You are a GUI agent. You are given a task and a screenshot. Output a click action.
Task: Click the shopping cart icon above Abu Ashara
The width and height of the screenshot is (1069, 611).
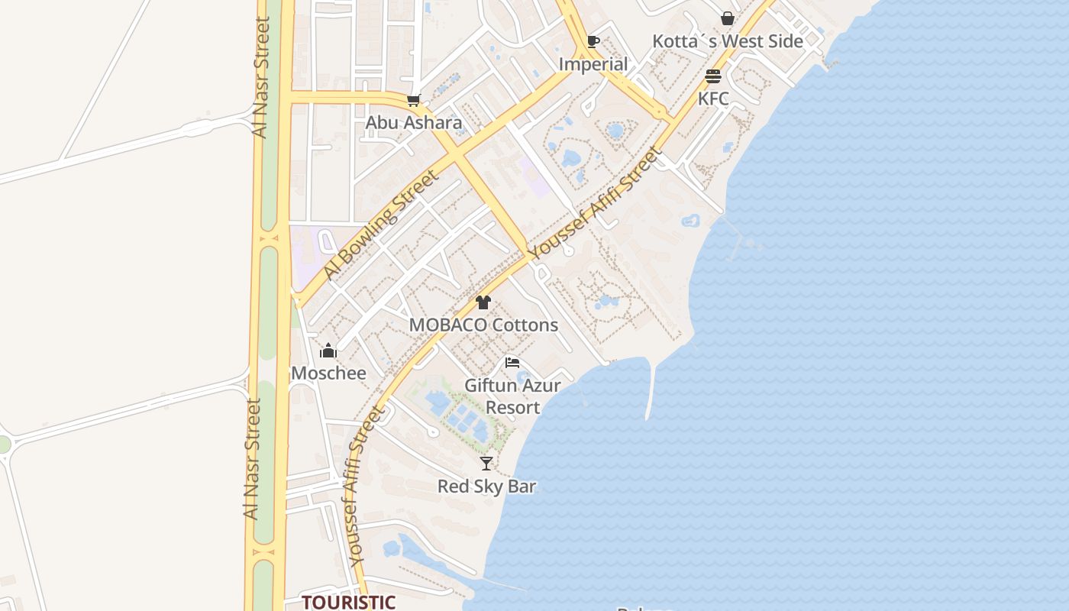pos(414,100)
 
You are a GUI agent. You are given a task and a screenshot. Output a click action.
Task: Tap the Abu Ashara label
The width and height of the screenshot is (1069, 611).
pos(414,122)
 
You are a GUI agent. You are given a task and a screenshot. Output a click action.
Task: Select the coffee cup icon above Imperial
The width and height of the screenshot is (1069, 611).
pos(593,41)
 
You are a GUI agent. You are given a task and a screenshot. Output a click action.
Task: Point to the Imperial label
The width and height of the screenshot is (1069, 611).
pos(593,64)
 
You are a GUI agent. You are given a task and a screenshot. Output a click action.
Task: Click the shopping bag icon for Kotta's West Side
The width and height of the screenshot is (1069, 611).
pos(728,18)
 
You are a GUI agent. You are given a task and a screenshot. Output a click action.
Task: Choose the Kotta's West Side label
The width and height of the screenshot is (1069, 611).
pos(728,41)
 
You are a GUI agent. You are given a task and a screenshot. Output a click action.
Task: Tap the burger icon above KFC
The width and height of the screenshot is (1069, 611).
pos(713,76)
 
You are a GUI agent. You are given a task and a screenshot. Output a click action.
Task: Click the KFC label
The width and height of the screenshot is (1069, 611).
pos(713,99)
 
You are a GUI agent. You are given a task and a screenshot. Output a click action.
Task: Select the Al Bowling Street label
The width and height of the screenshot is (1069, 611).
pos(380,225)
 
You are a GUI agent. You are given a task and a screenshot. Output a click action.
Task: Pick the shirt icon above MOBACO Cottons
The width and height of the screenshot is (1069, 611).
pos(483,302)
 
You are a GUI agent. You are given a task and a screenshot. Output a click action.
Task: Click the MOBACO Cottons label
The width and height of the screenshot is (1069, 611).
pos(483,325)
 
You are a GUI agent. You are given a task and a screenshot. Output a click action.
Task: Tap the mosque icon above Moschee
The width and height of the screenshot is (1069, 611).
pos(328,351)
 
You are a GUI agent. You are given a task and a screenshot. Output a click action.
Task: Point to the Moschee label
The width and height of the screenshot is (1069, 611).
pos(328,373)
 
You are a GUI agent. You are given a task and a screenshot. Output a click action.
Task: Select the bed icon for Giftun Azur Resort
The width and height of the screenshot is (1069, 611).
pos(512,362)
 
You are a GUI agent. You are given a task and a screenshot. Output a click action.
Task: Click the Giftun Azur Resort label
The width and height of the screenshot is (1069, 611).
pos(512,396)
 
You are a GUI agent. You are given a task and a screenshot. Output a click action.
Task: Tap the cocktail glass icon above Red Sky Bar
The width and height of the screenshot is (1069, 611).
pos(486,464)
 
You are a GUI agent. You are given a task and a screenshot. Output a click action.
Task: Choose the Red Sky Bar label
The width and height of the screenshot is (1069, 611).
pos(486,487)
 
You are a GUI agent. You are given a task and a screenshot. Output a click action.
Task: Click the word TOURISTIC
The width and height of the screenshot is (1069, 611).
pos(348,602)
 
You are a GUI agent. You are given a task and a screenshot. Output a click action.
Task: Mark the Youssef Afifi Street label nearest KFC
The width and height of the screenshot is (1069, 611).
pos(596,203)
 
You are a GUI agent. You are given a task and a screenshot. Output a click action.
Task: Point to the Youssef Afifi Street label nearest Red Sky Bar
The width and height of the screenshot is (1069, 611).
pos(366,486)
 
